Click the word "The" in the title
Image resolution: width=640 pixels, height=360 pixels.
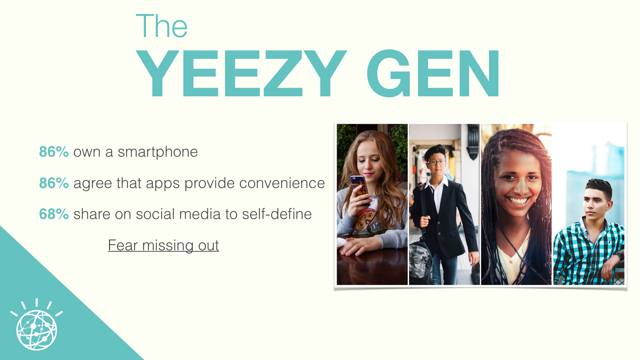(162, 26)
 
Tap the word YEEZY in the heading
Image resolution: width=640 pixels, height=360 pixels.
(241, 73)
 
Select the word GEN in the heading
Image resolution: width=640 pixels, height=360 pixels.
(433, 73)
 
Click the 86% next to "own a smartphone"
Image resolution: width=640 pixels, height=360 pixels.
(54, 152)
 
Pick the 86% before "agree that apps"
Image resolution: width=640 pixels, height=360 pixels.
(54, 183)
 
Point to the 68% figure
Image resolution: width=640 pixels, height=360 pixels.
(54, 214)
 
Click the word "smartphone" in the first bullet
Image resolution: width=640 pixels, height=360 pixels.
(158, 152)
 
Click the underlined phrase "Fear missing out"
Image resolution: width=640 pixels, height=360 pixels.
(163, 246)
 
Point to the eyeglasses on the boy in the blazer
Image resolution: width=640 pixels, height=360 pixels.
(436, 163)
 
